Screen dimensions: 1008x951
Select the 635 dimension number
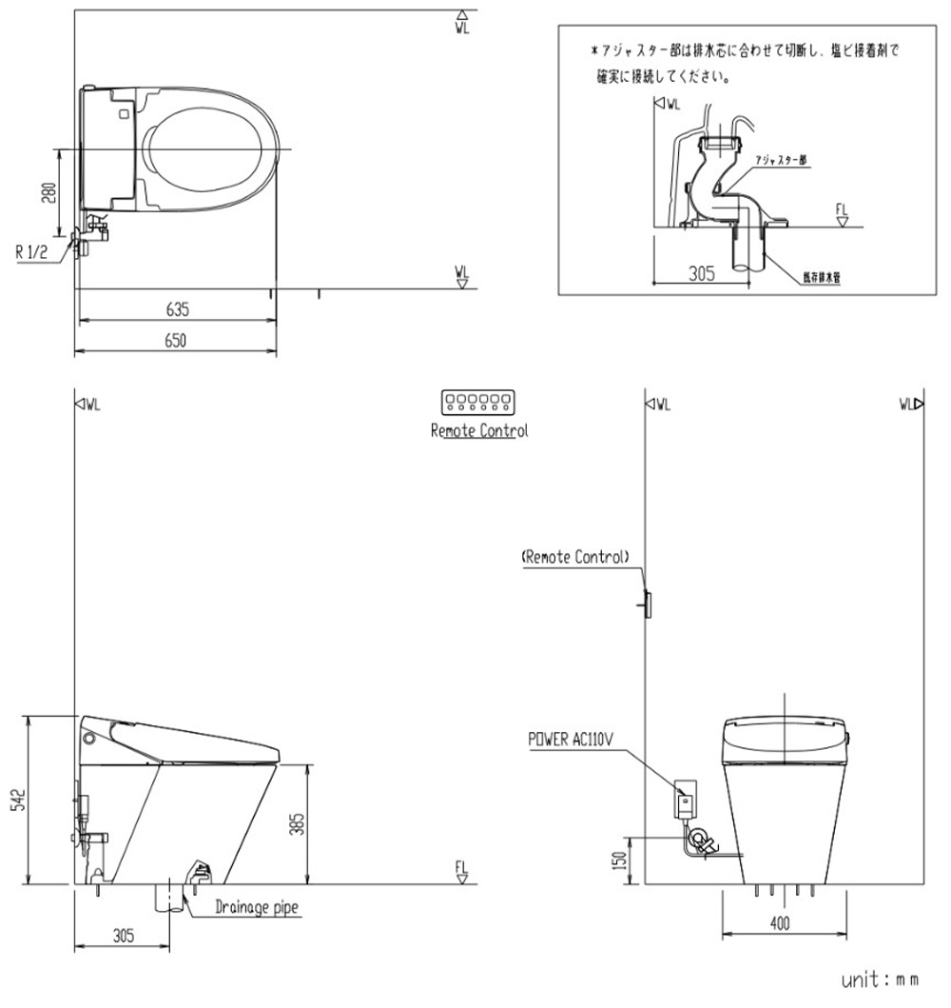pyautogui.click(x=177, y=309)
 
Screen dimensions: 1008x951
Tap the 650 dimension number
pyautogui.click(x=177, y=340)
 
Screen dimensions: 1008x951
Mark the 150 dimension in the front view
pyautogui.click(x=620, y=860)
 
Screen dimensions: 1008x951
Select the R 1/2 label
pyautogui.click(x=32, y=254)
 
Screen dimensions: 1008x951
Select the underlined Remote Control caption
pyautogui.click(x=478, y=430)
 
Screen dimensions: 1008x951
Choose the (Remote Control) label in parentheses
pyautogui.click(x=574, y=557)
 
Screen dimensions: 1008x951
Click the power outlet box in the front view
pyautogui.click(x=685, y=799)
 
